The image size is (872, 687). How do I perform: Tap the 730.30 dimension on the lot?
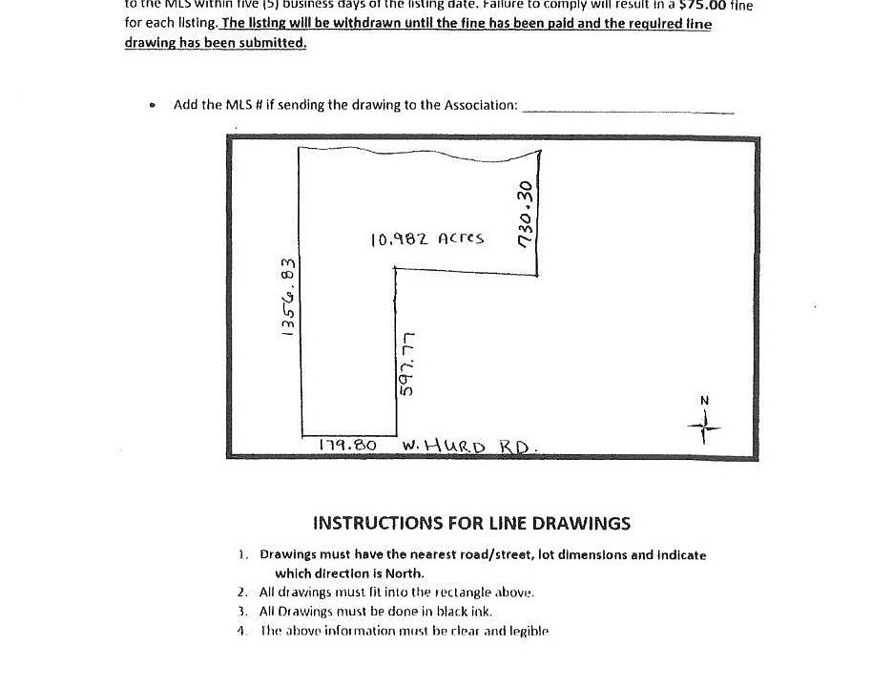click(524, 214)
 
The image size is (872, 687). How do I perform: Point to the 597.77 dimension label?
click(408, 364)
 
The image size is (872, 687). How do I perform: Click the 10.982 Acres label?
click(426, 239)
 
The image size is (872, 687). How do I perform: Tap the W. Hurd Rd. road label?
click(471, 446)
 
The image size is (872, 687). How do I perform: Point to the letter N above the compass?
click(705, 401)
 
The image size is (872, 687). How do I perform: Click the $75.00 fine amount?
click(705, 6)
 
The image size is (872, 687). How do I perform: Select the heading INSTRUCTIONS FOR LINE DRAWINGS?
click(471, 523)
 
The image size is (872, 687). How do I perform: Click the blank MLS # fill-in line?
click(629, 112)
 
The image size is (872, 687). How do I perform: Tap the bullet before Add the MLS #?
click(153, 106)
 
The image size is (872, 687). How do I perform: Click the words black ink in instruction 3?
click(463, 612)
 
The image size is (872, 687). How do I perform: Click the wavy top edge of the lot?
click(420, 150)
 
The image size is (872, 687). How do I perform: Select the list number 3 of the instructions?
click(243, 612)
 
